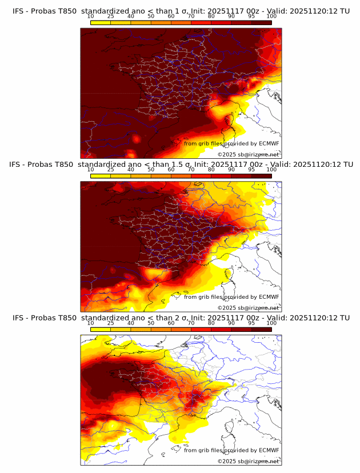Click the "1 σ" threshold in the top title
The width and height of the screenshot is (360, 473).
189,10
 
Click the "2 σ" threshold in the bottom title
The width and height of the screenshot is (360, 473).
189,318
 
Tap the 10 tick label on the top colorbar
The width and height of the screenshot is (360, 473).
90,16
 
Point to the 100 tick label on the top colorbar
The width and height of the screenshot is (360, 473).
271,16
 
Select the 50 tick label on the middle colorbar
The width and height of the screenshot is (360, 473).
151,170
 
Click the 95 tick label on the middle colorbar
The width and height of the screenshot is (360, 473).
251,170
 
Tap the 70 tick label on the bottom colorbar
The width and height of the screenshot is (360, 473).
191,323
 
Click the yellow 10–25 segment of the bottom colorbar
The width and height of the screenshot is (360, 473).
101,330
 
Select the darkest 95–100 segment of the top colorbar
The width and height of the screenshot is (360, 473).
261,22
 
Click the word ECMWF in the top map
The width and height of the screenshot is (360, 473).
269,143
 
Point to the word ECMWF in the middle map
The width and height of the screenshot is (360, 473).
269,297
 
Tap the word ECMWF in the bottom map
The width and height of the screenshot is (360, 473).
269,450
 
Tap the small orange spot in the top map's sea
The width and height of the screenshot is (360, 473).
136,139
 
